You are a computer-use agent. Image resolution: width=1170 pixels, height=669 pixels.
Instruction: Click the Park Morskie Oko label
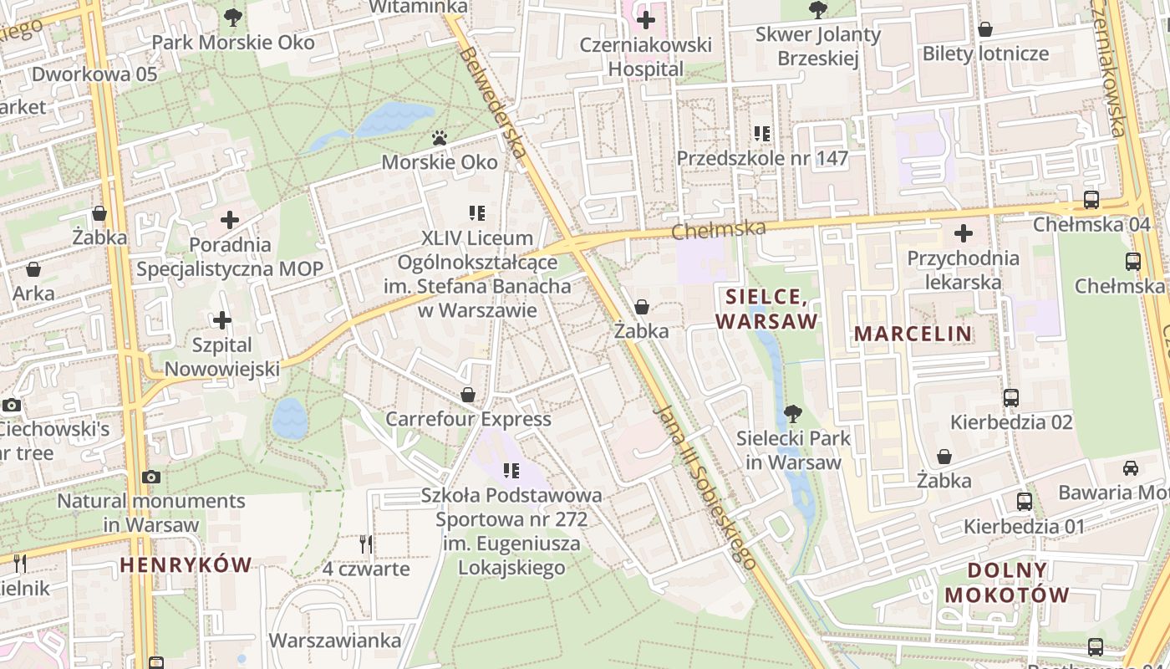(x=233, y=43)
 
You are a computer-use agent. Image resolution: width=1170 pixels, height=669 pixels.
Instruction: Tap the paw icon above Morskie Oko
(x=440, y=137)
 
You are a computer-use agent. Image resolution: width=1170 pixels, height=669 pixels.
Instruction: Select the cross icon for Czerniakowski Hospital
(x=646, y=18)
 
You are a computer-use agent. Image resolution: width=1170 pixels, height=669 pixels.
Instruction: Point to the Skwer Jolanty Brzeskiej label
(x=817, y=46)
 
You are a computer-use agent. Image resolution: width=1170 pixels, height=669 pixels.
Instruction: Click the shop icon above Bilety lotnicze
(x=985, y=29)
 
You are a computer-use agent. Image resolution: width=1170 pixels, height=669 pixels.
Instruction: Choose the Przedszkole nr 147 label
(x=762, y=158)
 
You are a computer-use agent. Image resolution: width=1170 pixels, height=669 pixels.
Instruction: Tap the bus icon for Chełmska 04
(x=1091, y=200)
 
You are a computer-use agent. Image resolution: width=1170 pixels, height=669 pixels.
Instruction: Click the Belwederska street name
(x=492, y=102)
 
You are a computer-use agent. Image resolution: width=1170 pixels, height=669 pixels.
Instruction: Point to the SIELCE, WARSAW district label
(x=766, y=309)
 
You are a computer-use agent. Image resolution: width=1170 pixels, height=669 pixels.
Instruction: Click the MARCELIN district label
(x=913, y=334)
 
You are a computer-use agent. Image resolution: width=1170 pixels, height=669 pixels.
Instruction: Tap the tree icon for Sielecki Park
(x=792, y=413)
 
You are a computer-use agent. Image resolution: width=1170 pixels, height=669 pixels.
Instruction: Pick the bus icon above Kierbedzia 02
(x=1011, y=397)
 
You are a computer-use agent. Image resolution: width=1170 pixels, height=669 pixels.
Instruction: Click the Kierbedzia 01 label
(x=1024, y=526)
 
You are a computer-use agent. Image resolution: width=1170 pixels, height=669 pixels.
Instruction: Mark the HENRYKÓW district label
(x=186, y=564)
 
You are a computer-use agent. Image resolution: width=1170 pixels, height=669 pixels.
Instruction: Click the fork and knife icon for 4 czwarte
(x=366, y=544)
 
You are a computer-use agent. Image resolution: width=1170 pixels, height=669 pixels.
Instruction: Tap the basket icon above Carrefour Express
(x=468, y=394)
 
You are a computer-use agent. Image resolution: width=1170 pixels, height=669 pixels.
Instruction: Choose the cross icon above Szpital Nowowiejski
(x=222, y=320)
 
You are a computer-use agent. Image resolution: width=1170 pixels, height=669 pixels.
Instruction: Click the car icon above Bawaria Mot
(x=1131, y=468)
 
